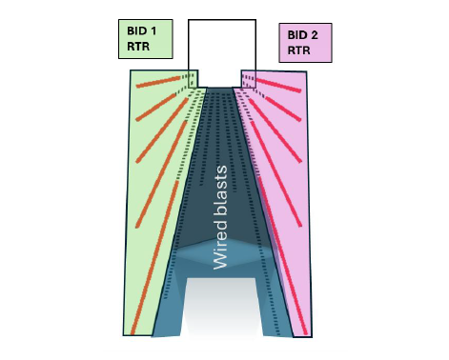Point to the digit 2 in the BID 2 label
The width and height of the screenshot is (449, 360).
(317, 35)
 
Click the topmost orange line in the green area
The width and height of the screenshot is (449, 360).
(158, 80)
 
